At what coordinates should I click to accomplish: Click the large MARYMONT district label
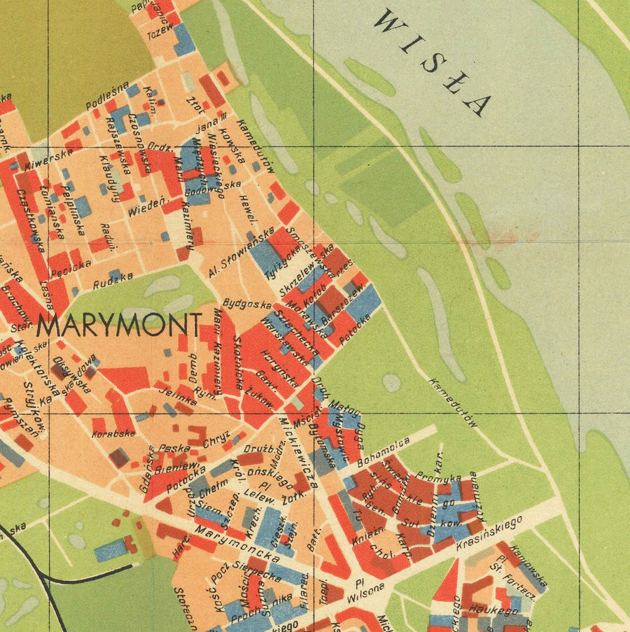click(119, 325)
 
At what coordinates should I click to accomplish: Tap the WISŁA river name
click(431, 62)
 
